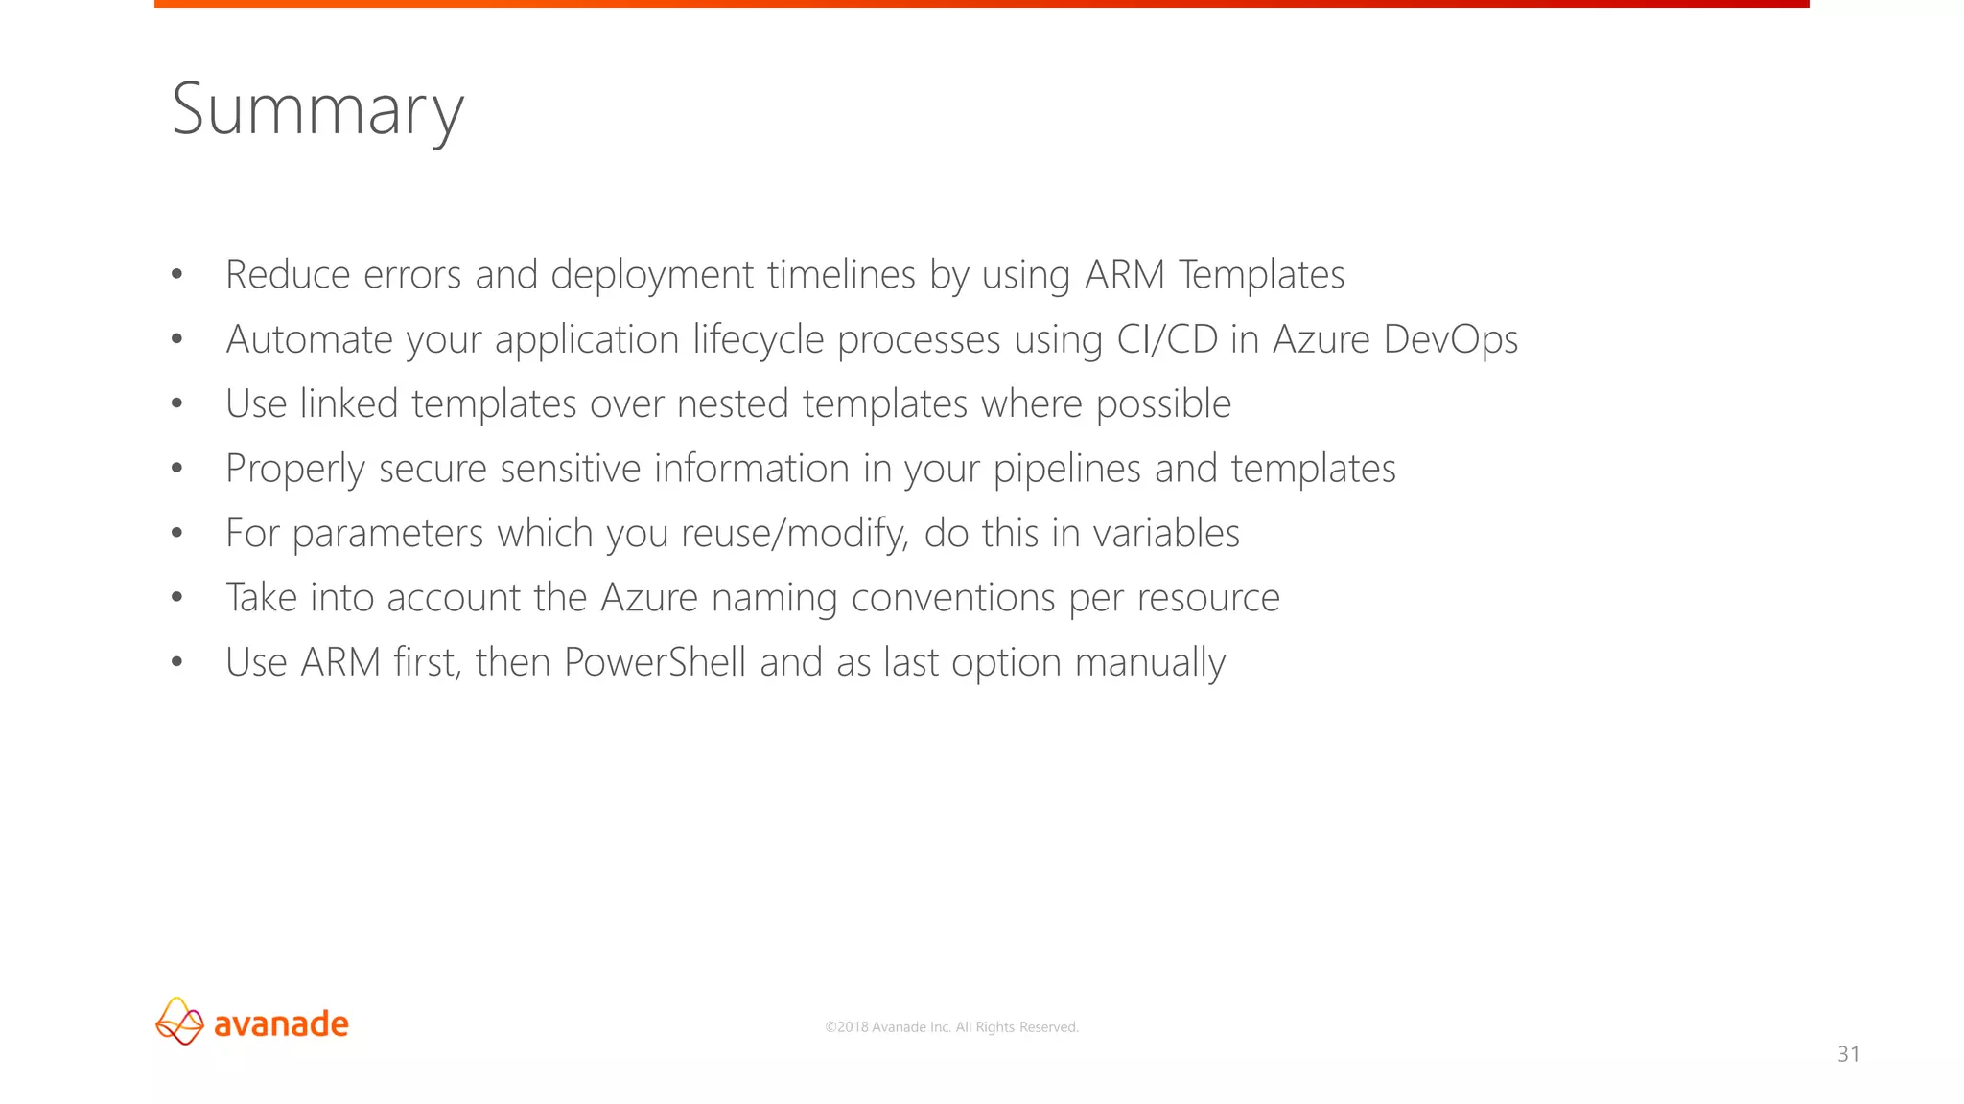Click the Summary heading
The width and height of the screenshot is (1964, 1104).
tap(317, 110)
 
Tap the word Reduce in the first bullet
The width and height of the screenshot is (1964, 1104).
tap(288, 275)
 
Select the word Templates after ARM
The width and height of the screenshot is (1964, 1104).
tap(1261, 275)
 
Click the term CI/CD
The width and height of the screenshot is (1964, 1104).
tap(1167, 339)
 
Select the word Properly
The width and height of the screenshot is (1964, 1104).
tap(294, 469)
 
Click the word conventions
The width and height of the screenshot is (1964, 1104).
tap(952, 598)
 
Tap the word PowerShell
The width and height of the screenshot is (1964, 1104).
tap(654, 662)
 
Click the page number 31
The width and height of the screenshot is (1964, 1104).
tap(1848, 1054)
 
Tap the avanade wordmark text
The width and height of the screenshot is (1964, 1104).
tap(281, 1023)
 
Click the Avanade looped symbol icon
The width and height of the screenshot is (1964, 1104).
tap(179, 1021)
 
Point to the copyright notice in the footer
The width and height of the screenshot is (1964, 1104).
tap(951, 1027)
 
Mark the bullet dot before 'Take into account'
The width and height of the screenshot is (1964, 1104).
tap(176, 598)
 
